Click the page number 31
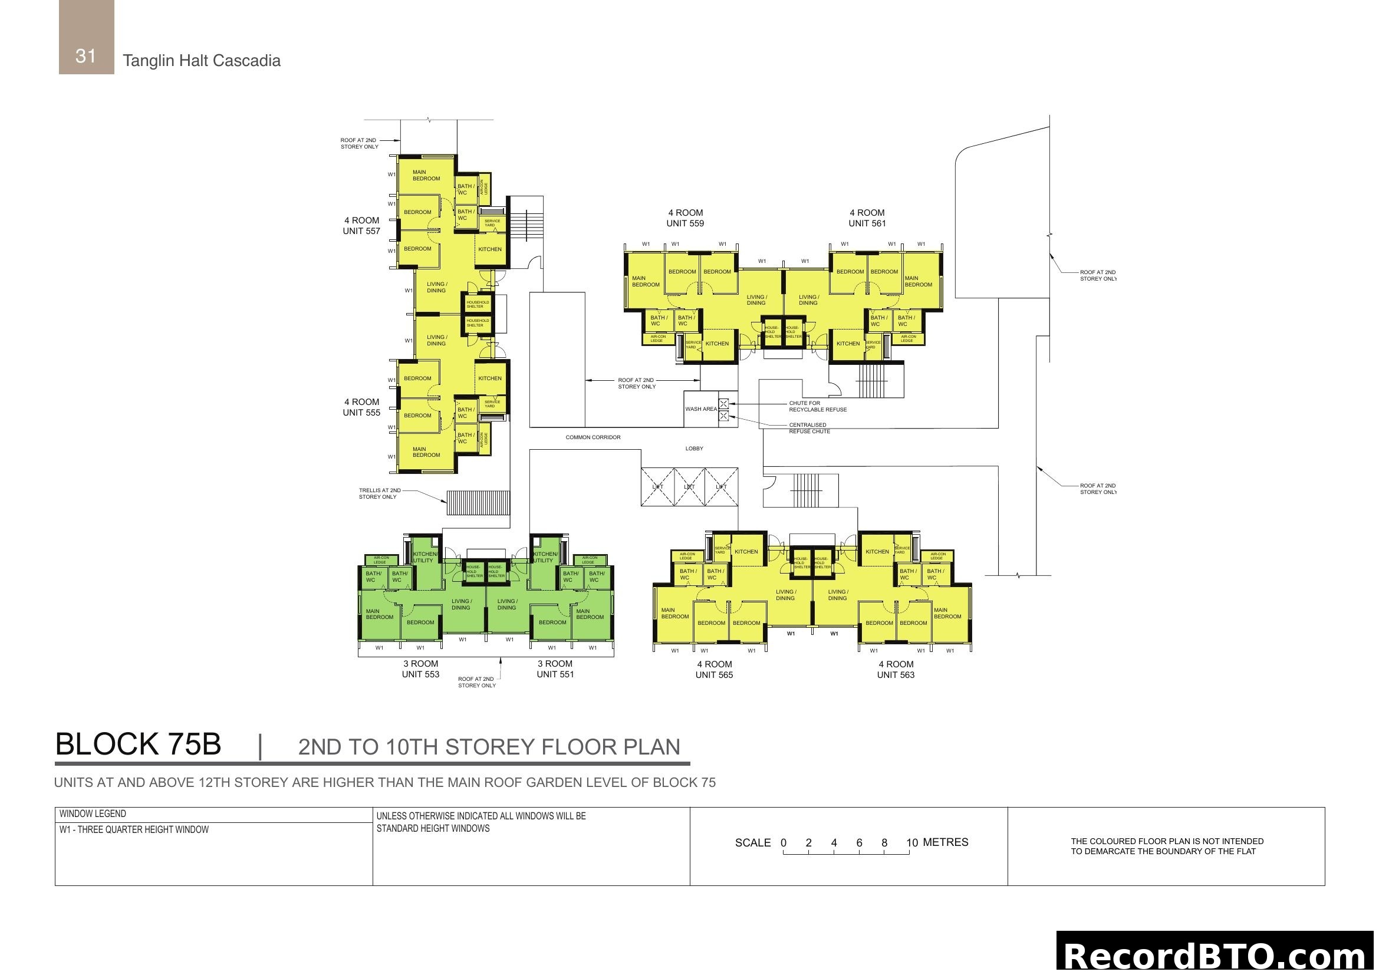pos(86,56)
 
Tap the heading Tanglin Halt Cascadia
pos(201,61)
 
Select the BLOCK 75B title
pos(138,745)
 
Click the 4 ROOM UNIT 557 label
pos(361,226)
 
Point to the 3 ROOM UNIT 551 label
pos(555,669)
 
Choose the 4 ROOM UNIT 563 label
pos(896,670)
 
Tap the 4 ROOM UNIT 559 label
pos(685,218)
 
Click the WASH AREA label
pos(701,410)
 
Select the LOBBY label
pos(695,449)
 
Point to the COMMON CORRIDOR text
pos(593,437)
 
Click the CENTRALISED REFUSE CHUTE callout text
pos(809,428)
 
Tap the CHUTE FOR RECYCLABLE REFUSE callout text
pos(817,407)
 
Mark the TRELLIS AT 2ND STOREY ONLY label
pos(380,493)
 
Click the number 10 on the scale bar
pos(911,843)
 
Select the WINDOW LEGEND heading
pos(93,814)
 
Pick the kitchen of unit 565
pos(746,552)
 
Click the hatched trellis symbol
pos(478,502)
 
